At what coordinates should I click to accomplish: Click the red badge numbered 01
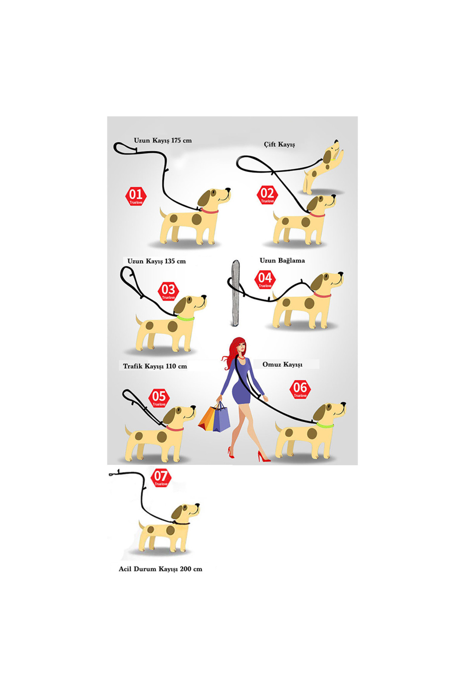click(136, 196)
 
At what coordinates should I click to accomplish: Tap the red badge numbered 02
click(267, 195)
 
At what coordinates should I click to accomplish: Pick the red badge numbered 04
click(265, 280)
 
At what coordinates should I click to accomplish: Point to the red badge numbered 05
click(159, 398)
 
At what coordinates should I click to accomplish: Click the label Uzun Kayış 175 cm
click(163, 140)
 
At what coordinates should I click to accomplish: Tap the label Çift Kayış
click(279, 144)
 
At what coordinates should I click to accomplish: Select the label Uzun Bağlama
click(282, 261)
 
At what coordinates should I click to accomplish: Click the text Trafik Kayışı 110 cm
click(155, 366)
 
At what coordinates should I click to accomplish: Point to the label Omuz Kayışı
click(282, 365)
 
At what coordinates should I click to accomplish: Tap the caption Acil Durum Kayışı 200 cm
click(160, 569)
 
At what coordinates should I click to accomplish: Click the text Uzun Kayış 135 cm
click(157, 261)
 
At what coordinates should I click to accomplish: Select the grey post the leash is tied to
click(235, 293)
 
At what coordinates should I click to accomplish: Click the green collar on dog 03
click(186, 318)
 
